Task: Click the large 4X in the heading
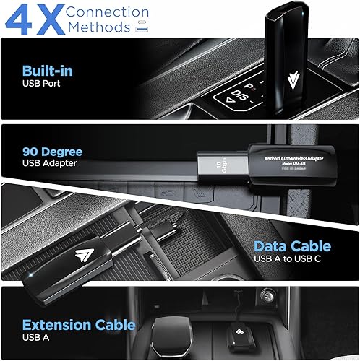pyautogui.click(x=34, y=19)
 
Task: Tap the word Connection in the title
pyautogui.click(x=108, y=12)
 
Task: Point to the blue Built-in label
pyautogui.click(x=46, y=72)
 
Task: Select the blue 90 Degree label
pyautogui.click(x=52, y=152)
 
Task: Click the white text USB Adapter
pyautogui.click(x=50, y=164)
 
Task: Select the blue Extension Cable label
pyautogui.click(x=77, y=326)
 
